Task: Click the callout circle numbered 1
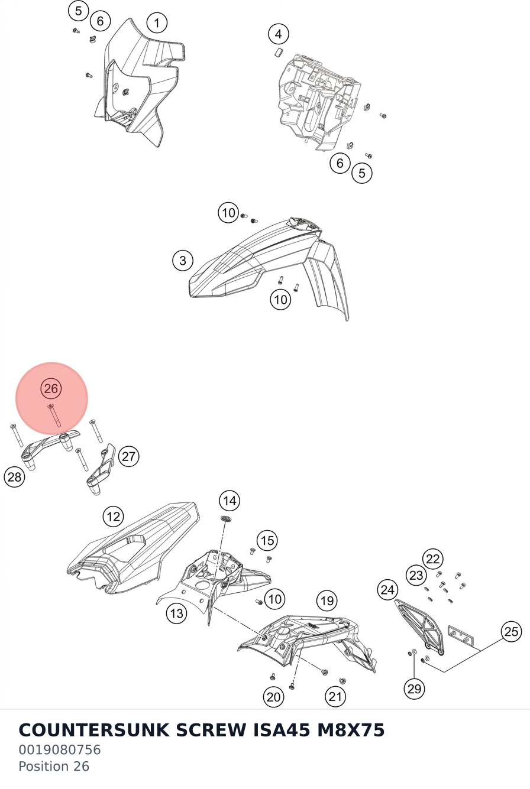coord(157,23)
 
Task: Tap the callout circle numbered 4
coord(279,34)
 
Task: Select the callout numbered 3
coord(183,261)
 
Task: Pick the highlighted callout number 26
coord(51,388)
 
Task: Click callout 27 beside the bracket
coord(128,456)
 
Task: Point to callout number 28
coord(14,478)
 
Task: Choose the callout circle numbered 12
coord(113,517)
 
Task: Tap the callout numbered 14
coord(230,501)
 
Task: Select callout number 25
coord(511,632)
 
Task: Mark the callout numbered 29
coord(414,689)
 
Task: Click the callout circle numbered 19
coord(327,600)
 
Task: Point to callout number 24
coord(387,590)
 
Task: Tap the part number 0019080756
coord(60,749)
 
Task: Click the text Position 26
coord(54,766)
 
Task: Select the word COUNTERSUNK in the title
coord(94,730)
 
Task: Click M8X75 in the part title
coord(351,730)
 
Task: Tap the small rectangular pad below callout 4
coord(278,52)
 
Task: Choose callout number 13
coord(177,613)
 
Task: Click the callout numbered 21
coord(335,696)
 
